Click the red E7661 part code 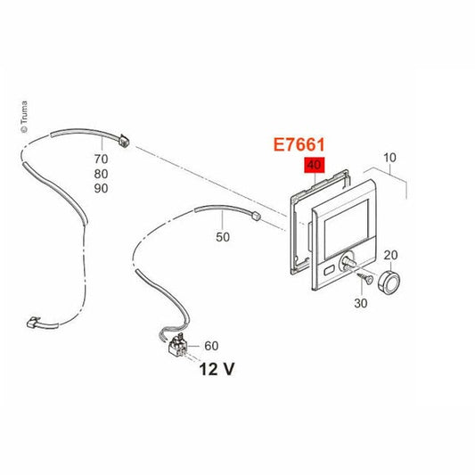pyautogui.click(x=299, y=144)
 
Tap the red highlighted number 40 pyautogui.click(x=315, y=165)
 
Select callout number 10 pyautogui.click(x=389, y=158)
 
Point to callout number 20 pyautogui.click(x=390, y=255)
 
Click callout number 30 pyautogui.click(x=361, y=303)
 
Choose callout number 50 pyautogui.click(x=223, y=237)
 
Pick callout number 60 pyautogui.click(x=211, y=346)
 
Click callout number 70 pyautogui.click(x=101, y=159)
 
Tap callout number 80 pyautogui.click(x=101, y=174)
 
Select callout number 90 pyautogui.click(x=101, y=188)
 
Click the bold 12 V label pyautogui.click(x=217, y=369)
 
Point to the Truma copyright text pyautogui.click(x=24, y=117)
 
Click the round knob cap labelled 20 pyautogui.click(x=389, y=282)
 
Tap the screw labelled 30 pyautogui.click(x=365, y=278)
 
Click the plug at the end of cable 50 pyautogui.click(x=256, y=216)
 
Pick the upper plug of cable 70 pyautogui.click(x=124, y=141)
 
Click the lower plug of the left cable pyautogui.click(x=33, y=323)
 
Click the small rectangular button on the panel pyautogui.click(x=329, y=270)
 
